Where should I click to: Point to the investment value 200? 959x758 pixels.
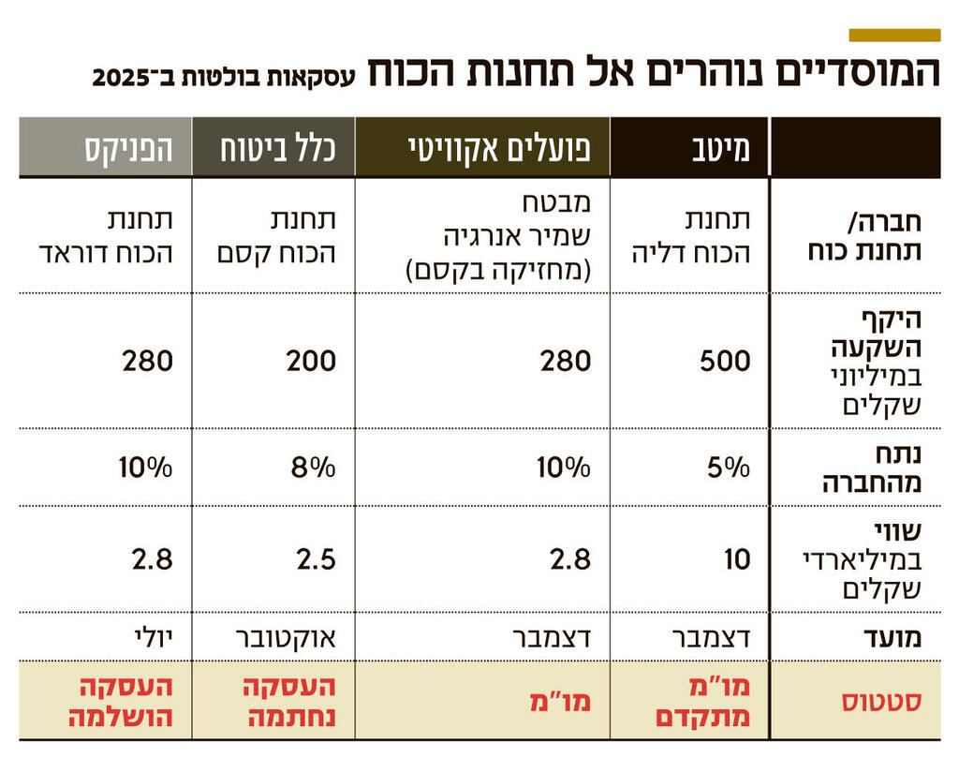click(x=311, y=361)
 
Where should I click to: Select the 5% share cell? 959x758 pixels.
click(x=730, y=468)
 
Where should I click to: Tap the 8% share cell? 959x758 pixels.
click(x=315, y=468)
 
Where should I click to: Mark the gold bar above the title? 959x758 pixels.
click(x=894, y=36)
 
